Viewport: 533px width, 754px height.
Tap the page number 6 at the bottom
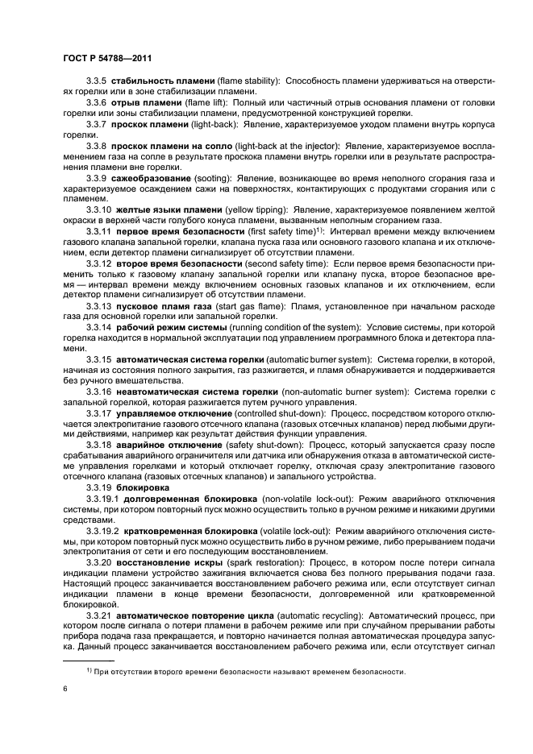65,690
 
